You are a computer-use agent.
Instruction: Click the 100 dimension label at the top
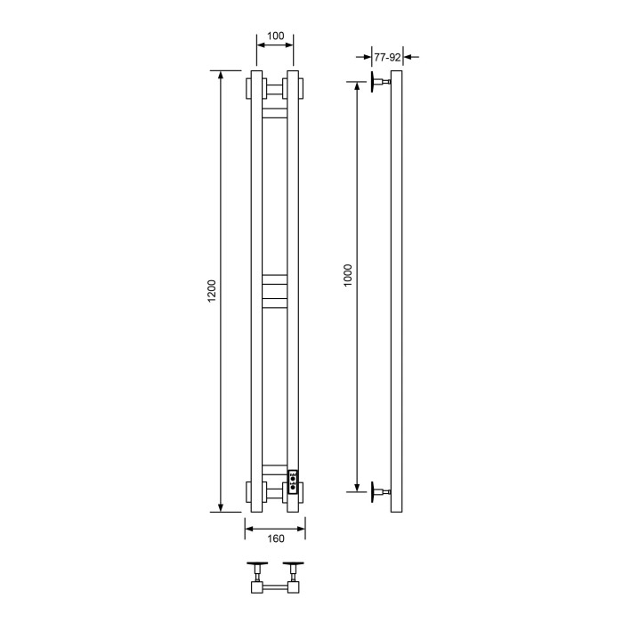(x=275, y=36)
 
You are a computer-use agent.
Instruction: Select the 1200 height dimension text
(x=211, y=292)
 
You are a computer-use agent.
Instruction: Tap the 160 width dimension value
(x=275, y=538)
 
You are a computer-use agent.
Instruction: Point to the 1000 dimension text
(x=348, y=274)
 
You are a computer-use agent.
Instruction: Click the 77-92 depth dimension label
(x=387, y=57)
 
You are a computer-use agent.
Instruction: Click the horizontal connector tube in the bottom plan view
(x=275, y=588)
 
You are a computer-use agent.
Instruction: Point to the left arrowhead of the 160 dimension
(x=250, y=528)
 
